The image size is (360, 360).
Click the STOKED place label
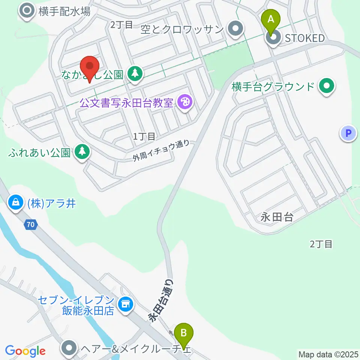[x=304, y=38]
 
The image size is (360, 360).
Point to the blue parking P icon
[x=348, y=133]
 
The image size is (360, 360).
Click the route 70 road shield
[x=31, y=225]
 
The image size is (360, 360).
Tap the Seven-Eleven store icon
[x=125, y=304]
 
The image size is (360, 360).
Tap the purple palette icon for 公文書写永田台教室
[x=184, y=102]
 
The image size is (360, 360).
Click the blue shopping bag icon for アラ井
[x=16, y=203]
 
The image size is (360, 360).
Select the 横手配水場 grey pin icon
[x=27, y=11]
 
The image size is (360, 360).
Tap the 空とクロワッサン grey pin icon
[x=236, y=29]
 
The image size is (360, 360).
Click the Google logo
[x=25, y=351]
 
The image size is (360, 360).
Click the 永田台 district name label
[x=277, y=217]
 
